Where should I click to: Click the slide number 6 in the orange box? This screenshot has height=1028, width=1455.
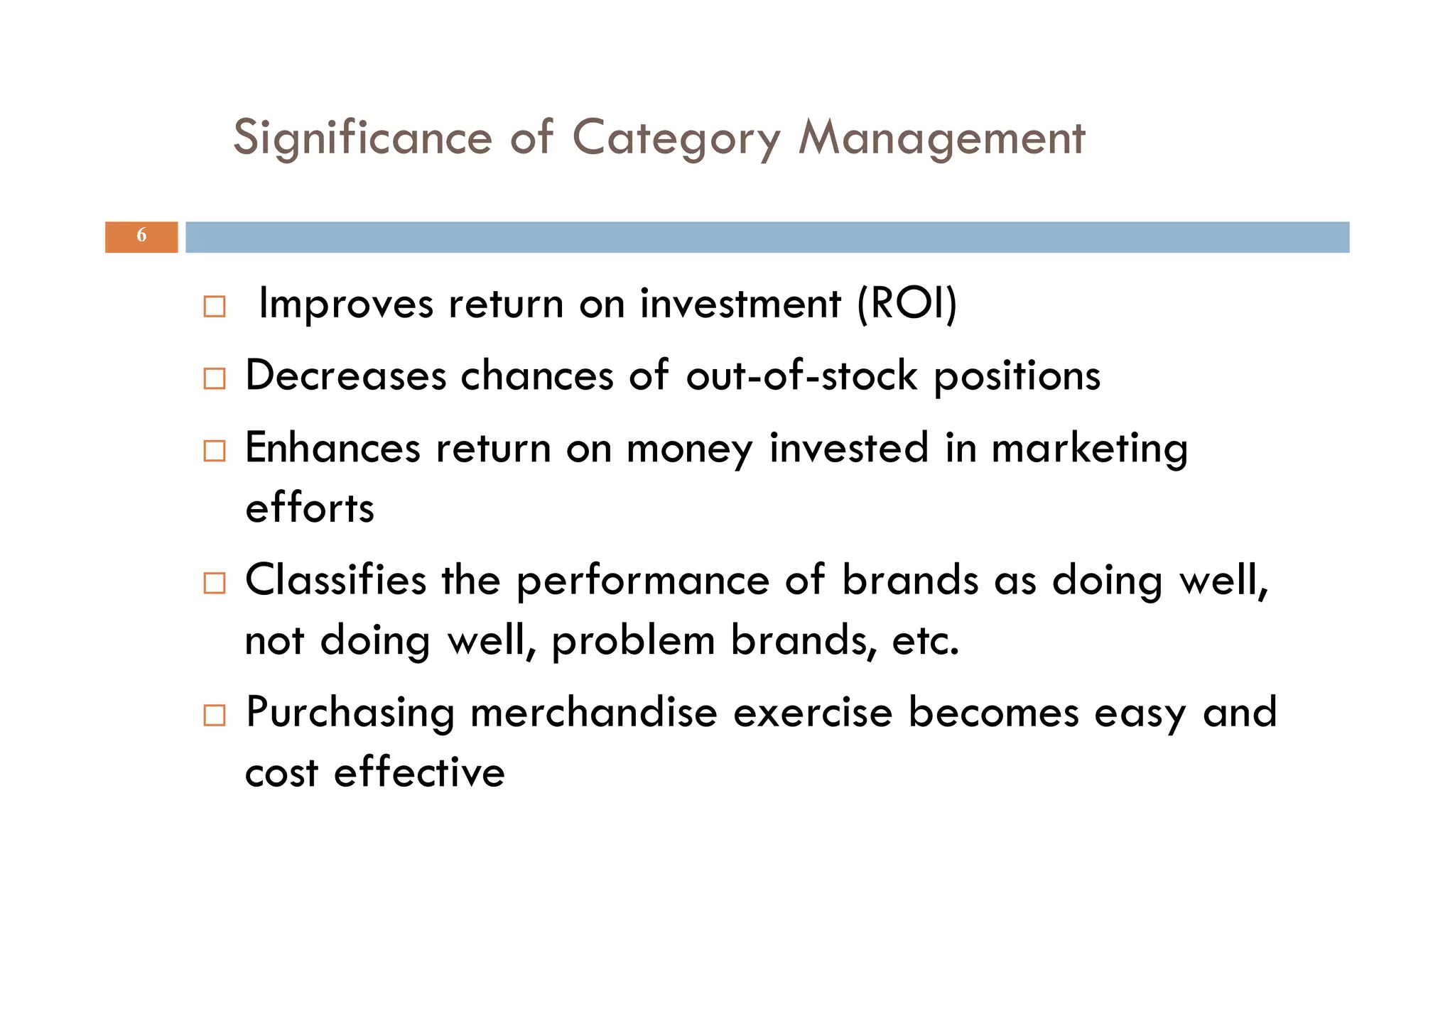[141, 236]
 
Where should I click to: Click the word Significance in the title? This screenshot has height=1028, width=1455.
[362, 138]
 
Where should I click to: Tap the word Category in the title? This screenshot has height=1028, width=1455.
[676, 138]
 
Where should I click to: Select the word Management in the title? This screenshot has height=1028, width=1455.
[941, 138]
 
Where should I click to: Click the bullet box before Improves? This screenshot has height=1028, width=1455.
[214, 307]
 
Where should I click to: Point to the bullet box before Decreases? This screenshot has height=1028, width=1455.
[214, 378]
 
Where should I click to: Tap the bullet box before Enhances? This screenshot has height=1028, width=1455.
[214, 451]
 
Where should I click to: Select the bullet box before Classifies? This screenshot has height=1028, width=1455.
[214, 583]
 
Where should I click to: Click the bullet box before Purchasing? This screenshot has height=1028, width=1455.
[214, 715]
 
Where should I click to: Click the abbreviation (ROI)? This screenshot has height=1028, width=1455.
[907, 304]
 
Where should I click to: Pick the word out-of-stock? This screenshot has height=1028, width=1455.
[801, 376]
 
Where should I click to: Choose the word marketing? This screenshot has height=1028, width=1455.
[1089, 449]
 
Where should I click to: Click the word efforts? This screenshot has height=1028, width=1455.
[310, 508]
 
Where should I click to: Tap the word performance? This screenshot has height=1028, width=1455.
[642, 581]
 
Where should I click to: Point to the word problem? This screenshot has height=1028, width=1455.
[633, 641]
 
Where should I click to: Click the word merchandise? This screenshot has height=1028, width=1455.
[593, 713]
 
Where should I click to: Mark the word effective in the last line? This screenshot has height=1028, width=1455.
[419, 772]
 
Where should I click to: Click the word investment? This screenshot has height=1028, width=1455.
[740, 304]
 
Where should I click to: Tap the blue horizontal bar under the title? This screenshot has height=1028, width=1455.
[767, 237]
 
